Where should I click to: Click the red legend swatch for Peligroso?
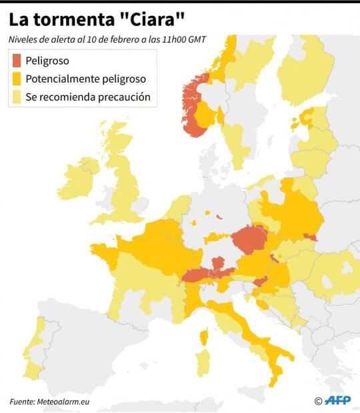pos(17,61)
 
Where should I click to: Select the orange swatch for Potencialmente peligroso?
pos(17,79)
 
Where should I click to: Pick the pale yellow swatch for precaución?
pos(17,97)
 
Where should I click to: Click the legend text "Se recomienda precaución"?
pos(87,97)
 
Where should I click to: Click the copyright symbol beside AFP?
pos(318,400)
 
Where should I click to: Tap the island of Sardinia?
pos(204,363)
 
